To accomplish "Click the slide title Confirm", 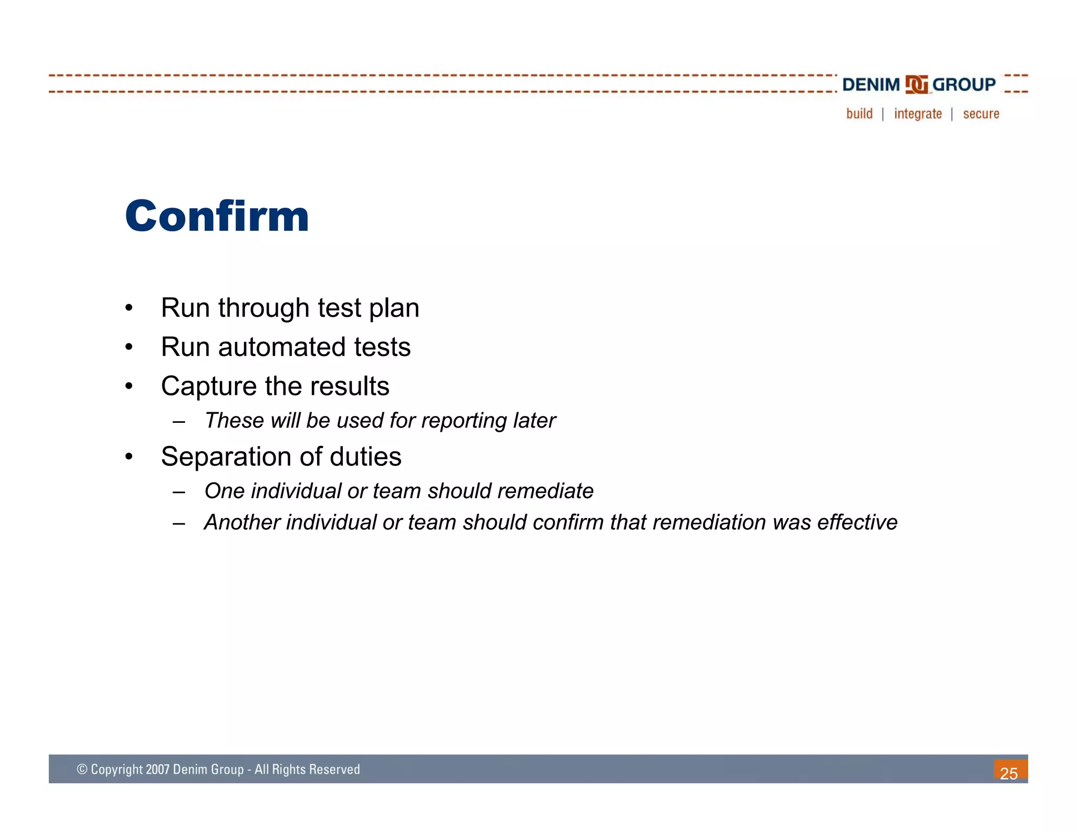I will pyautogui.click(x=217, y=216).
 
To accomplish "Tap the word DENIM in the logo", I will pyautogui.click(x=871, y=85).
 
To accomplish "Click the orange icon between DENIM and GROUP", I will pyautogui.click(x=916, y=85).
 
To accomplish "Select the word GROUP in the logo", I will pyautogui.click(x=963, y=85).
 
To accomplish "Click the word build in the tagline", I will pyautogui.click(x=859, y=114).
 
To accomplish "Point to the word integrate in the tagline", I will pyautogui.click(x=918, y=114).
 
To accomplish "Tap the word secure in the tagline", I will pyautogui.click(x=981, y=114).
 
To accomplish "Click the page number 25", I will pyautogui.click(x=1009, y=773).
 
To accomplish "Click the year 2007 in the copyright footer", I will pyautogui.click(x=157, y=769).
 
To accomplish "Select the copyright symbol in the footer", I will pyautogui.click(x=82, y=769).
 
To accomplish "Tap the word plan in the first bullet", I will pyautogui.click(x=394, y=309).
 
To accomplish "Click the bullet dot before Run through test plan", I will pyautogui.click(x=129, y=308).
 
